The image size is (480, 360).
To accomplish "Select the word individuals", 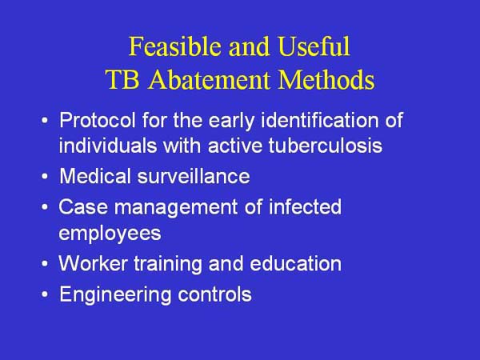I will (x=100, y=146).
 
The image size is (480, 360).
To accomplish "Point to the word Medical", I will (x=91, y=176).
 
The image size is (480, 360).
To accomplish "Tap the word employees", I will (x=110, y=232).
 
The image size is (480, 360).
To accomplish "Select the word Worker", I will (x=87, y=263).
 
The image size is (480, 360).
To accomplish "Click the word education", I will (x=298, y=263).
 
